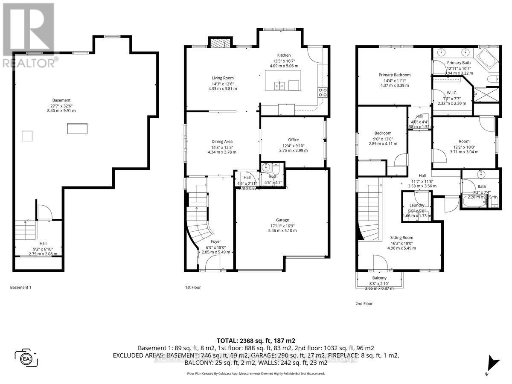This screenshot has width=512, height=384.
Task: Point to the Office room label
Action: click(293, 140)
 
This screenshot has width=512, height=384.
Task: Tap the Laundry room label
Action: click(417, 205)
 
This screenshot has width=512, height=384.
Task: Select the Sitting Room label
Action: click(401, 238)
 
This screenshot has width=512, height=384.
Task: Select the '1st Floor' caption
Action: click(190, 288)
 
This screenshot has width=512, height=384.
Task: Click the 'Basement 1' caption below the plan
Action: click(21, 288)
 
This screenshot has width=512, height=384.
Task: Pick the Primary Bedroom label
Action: click(394, 75)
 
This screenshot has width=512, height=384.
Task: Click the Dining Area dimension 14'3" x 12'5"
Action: click(221, 147)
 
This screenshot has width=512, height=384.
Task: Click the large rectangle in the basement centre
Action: click(77, 128)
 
